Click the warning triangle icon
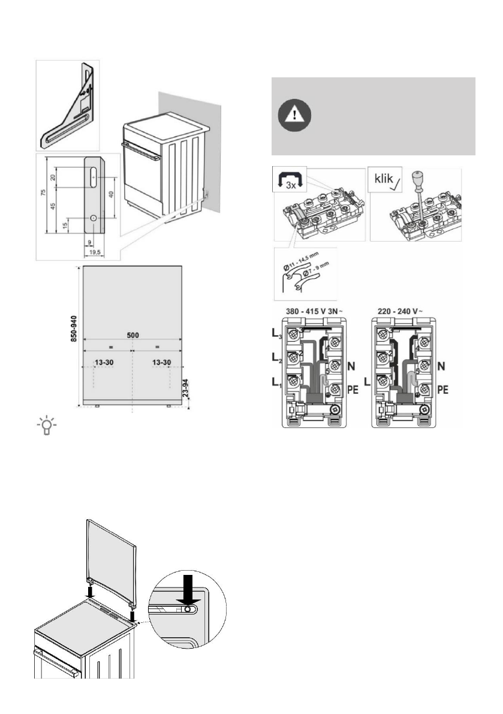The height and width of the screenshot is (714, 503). (x=295, y=114)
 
